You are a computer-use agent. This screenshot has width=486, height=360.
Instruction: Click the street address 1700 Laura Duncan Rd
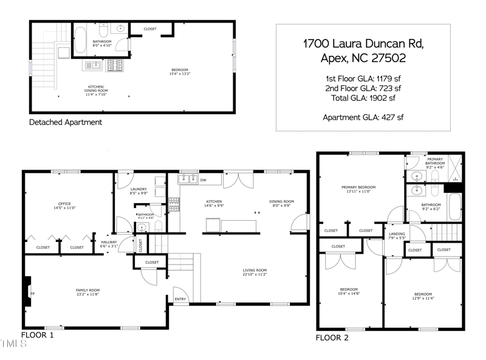(x=363, y=44)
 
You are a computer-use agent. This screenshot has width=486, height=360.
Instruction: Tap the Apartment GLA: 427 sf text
(x=363, y=117)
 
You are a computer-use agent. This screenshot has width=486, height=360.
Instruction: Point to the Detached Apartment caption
(x=66, y=122)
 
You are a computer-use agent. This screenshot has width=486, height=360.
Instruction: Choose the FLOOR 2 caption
(x=332, y=337)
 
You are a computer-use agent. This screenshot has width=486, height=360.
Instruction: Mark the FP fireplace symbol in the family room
(x=33, y=293)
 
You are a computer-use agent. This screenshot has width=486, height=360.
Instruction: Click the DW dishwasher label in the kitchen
(x=203, y=180)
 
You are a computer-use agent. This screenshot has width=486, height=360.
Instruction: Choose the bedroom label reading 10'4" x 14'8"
(x=349, y=291)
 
